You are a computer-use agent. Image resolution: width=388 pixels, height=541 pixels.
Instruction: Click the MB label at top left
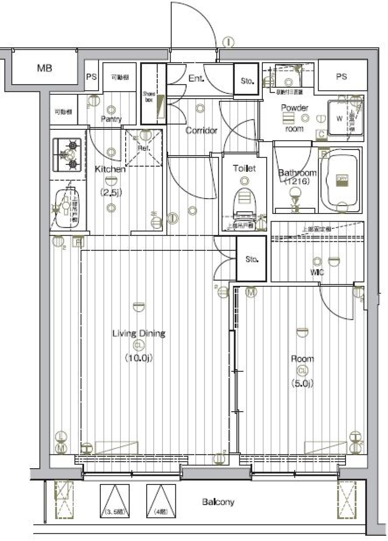pyautogui.click(x=44, y=68)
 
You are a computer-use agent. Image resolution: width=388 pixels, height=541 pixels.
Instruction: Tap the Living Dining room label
pyautogui.click(x=139, y=334)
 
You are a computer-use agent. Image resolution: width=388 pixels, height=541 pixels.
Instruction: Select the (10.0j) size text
pyautogui.click(x=139, y=357)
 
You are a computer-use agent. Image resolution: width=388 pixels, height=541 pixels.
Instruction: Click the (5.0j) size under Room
pyautogui.click(x=302, y=383)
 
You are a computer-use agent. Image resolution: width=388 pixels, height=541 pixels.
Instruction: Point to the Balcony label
pyautogui.click(x=218, y=502)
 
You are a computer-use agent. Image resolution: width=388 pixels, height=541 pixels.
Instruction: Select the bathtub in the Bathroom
pyautogui.click(x=339, y=180)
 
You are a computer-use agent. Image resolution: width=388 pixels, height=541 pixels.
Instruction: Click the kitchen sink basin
pyautogui.click(x=65, y=208)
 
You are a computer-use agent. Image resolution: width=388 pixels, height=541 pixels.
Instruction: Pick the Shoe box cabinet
pyautogui.click(x=153, y=94)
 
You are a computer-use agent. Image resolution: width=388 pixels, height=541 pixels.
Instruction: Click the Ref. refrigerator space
pyautogui.click(x=143, y=148)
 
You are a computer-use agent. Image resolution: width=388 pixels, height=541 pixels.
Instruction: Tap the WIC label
pyautogui.click(x=317, y=273)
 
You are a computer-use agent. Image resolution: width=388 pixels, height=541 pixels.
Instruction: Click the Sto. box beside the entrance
pyautogui.click(x=247, y=80)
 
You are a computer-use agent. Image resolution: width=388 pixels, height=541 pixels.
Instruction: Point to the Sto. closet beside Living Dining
pyautogui.click(x=251, y=259)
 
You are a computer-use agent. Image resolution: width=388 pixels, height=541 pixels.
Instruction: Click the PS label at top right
pyautogui.click(x=342, y=76)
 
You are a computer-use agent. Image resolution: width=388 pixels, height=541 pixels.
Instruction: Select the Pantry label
pyautogui.click(x=111, y=119)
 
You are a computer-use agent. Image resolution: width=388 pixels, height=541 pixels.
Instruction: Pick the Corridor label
pyautogui.click(x=201, y=131)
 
